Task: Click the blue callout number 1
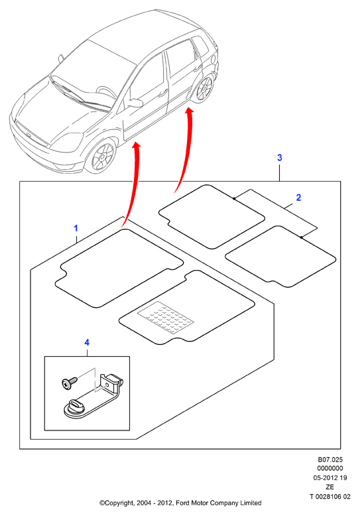(x=76, y=228)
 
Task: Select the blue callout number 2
(x=298, y=198)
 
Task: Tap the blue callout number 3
(x=280, y=158)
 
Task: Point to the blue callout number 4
(x=87, y=343)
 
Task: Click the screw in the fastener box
(x=70, y=383)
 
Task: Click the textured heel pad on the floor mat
(x=166, y=316)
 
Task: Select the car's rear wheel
(x=204, y=88)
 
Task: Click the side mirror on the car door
(x=135, y=102)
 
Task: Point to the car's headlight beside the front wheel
(x=68, y=140)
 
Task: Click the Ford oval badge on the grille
(x=29, y=135)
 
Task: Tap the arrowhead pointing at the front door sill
(x=137, y=146)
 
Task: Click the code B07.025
(x=330, y=460)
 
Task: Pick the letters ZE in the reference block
(x=330, y=487)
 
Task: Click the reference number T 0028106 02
(x=330, y=497)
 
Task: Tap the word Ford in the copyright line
(x=182, y=503)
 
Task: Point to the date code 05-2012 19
(x=330, y=478)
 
